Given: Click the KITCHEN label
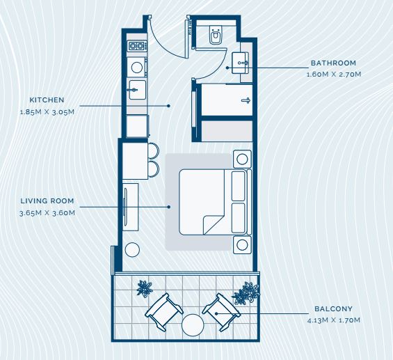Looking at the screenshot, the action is tap(47, 100).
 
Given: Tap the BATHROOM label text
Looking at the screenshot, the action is tap(333, 63).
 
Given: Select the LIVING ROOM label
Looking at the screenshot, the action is tap(47, 201).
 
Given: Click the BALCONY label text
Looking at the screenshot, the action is tap(333, 308).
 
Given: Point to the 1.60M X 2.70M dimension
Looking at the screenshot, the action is tap(334, 75).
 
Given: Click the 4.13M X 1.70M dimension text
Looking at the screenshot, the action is tap(334, 320).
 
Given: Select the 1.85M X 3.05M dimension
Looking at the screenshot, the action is tap(47, 112).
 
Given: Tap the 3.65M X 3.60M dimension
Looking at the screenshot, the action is tap(47, 213).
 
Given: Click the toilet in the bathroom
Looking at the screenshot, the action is tap(216, 35).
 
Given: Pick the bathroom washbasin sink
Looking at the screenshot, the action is tap(240, 63).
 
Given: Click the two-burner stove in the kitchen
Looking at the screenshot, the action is tap(137, 46).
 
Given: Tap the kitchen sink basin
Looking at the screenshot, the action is tap(137, 90).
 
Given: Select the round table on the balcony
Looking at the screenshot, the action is tap(193, 325).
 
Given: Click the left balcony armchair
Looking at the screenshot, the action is tap(164, 311).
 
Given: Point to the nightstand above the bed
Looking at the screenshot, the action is tap(242, 159).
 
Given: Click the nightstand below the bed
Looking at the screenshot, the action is tap(242, 245).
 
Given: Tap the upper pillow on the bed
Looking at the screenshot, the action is tap(239, 186).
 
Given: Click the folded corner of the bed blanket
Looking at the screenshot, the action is tap(212, 225).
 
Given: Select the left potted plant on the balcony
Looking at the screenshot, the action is tap(145, 288).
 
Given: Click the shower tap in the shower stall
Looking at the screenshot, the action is tap(246, 100).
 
